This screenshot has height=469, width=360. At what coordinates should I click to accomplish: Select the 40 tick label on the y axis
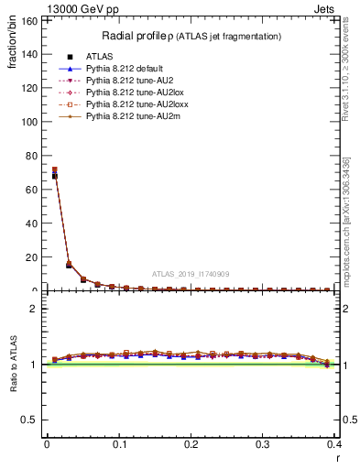[33, 219]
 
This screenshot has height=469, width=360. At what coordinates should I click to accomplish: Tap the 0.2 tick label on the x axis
[191, 443]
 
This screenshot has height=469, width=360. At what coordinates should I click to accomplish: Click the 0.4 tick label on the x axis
[334, 443]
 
